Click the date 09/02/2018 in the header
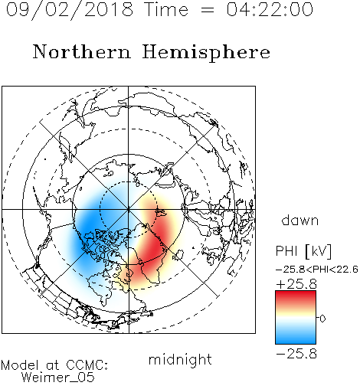click(x=70, y=10)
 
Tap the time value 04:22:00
click(x=270, y=9)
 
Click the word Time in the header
click(x=166, y=9)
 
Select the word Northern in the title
click(x=82, y=51)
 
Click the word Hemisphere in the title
click(x=206, y=53)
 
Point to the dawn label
click(x=300, y=220)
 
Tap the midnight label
click(x=180, y=359)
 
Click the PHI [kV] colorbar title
click(x=303, y=251)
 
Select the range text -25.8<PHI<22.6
click(x=317, y=269)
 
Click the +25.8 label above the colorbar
click(x=296, y=284)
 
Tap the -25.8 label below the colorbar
click(x=296, y=354)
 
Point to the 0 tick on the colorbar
click(x=322, y=319)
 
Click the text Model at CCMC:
click(x=54, y=365)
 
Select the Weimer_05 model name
click(x=57, y=377)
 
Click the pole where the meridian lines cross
click(x=129, y=209)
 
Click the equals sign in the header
click(x=208, y=10)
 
